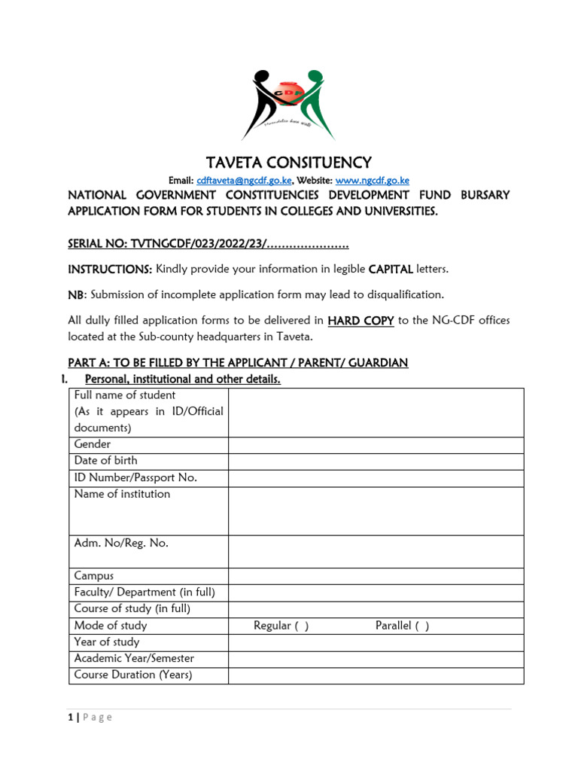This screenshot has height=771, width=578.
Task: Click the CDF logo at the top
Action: point(288,105)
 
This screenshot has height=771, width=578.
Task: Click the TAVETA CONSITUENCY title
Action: point(289,163)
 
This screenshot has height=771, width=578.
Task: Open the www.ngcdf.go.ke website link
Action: point(372,181)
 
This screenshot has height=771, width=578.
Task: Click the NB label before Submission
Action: point(77,294)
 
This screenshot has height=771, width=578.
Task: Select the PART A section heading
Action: point(238,363)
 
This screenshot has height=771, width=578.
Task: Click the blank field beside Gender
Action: point(376,445)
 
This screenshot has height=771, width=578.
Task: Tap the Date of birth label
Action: point(105,461)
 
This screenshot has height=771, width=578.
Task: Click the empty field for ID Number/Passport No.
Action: point(376,478)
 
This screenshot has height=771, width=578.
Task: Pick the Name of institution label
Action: point(122,494)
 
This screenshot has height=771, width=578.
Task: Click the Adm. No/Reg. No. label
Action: point(121,543)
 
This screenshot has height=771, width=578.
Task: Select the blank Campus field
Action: point(376,576)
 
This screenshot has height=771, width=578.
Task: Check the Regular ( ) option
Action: point(281,626)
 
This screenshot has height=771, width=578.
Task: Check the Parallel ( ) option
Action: point(402,626)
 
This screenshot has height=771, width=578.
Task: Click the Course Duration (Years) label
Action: point(133,675)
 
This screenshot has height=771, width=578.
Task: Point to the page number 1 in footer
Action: point(70,718)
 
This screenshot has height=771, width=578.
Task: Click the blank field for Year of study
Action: point(376,642)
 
